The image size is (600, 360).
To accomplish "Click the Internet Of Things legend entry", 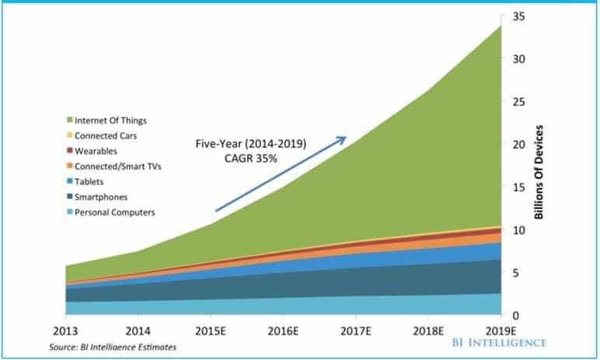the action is coord(106,121).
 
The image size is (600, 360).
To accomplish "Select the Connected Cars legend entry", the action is coord(102,135).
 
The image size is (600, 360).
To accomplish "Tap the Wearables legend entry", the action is coord(92,151).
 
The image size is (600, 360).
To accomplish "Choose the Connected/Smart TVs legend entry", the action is coord(114,166).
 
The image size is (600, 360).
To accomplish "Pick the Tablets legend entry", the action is coord(85,181).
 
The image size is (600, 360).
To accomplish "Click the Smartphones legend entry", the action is coord(97,197).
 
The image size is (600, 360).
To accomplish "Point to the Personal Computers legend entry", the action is coord(111,212).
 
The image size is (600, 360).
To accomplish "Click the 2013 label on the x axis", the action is coord(65,331).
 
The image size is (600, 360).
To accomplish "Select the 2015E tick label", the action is coord(211,331).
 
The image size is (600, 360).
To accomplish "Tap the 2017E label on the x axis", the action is coord(356,331).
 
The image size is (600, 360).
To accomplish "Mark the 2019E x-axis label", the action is coord(501,331).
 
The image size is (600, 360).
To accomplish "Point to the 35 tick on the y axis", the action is coord(518,17).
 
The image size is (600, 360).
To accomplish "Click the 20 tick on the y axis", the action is coord(518,145).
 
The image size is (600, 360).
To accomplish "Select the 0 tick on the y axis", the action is coord(516,316).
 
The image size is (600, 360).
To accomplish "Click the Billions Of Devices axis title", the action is coord(539,172).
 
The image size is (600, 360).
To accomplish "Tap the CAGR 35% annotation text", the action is coord(250,158).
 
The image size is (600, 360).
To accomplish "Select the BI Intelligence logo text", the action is coord(500,342).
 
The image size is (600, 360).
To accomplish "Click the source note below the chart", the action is coord(113,347).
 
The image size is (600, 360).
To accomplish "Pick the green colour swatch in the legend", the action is coord(70,120).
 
